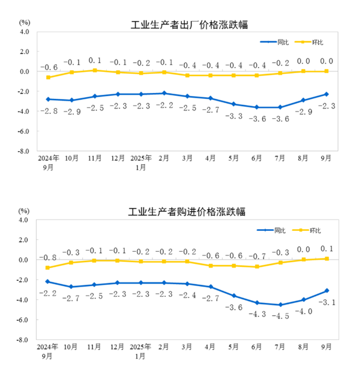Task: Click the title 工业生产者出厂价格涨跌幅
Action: click(189, 25)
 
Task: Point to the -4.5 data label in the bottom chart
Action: click(279, 315)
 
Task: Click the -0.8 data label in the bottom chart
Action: click(48, 257)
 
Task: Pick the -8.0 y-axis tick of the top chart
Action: click(23, 151)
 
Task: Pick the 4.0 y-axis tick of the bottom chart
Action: click(23, 220)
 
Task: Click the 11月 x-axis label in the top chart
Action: click(94, 158)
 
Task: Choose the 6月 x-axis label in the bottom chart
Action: click(257, 347)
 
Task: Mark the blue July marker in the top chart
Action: click(280, 107)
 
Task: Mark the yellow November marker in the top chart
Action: click(95, 70)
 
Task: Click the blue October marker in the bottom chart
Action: click(71, 287)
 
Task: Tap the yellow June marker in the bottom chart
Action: click(257, 267)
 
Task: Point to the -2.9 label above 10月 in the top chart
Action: click(71, 111)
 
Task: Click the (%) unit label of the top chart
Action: click(24, 22)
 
